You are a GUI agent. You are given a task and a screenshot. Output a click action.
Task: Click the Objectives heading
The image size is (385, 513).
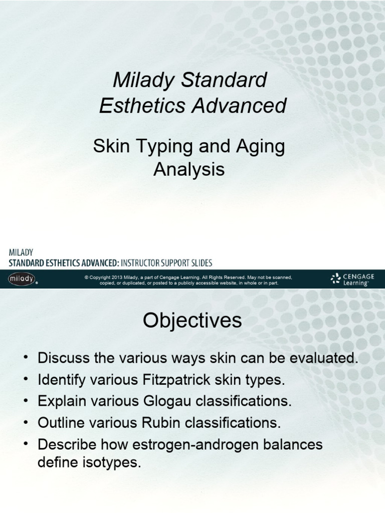click(192, 321)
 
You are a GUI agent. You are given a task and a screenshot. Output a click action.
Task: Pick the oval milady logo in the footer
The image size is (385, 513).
click(22, 278)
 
